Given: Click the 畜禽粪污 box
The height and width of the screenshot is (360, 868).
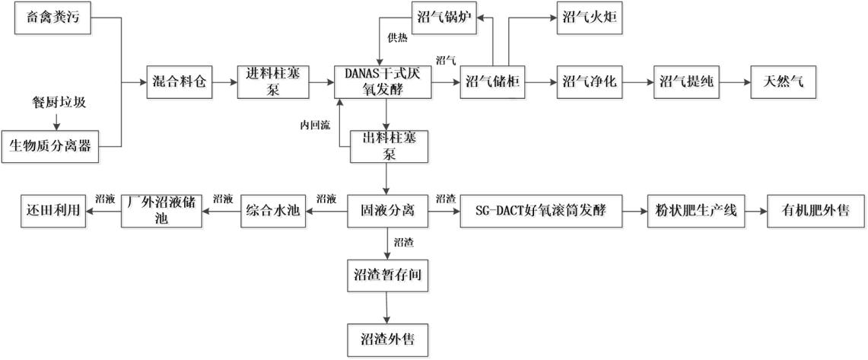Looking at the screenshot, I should (52, 18).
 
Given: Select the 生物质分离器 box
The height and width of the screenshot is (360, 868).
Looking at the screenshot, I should (52, 145).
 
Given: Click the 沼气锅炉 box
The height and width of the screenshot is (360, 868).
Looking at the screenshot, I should (444, 18).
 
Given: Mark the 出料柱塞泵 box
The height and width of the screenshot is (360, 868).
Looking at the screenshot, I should (388, 145).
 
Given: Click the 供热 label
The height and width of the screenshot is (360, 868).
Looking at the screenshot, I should (396, 37).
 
